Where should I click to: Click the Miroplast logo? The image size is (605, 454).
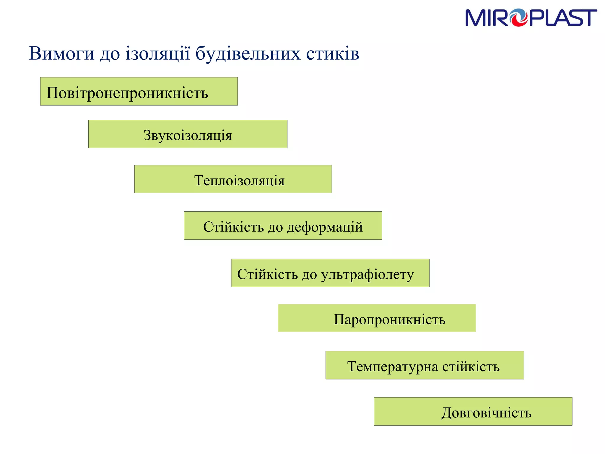coord(531,18)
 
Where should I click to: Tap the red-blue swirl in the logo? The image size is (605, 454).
coord(519,18)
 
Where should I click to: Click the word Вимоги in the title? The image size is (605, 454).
coord(61,54)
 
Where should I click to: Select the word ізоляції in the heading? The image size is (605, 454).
coord(157,54)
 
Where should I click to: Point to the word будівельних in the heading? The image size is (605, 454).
coord(248,54)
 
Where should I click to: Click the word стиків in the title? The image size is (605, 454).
coord(333,54)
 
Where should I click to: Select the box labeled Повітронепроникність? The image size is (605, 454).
coord(139,91)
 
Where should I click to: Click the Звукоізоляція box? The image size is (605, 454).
coord(188,134)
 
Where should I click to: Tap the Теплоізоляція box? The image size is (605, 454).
coord(233,179)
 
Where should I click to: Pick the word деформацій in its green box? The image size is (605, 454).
coord(325,227)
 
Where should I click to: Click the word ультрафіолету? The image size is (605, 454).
coord(367,275)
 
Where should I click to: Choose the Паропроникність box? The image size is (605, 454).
coord(377,318)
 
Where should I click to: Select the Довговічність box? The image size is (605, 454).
coord(473,411)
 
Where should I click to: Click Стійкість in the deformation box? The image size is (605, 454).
coord(233,227)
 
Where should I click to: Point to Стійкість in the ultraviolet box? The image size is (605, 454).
coord(267,274)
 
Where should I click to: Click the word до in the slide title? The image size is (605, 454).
coord(110,54)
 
